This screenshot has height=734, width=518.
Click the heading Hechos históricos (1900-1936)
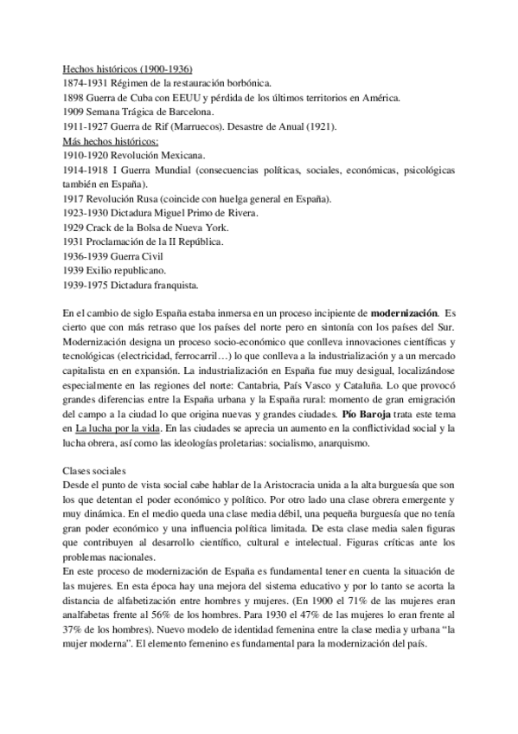129,69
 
